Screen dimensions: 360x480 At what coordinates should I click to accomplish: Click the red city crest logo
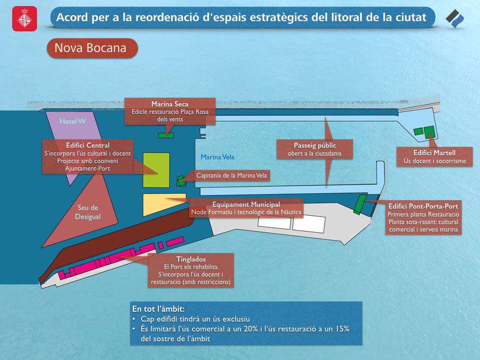tap(24, 19)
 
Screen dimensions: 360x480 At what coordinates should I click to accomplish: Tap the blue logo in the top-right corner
tap(455, 19)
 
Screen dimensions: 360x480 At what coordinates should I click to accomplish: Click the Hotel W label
tap(73, 121)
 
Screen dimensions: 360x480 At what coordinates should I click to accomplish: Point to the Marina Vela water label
tap(217, 157)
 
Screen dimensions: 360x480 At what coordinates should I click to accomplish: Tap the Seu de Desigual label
tap(88, 212)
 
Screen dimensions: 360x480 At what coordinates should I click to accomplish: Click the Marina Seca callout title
tap(170, 104)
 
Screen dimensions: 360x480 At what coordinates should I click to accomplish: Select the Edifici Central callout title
tap(88, 145)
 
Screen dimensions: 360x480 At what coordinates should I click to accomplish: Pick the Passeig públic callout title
tap(315, 145)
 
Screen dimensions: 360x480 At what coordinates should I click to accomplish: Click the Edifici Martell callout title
tap(434, 153)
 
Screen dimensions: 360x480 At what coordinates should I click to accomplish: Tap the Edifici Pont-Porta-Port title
tap(423, 206)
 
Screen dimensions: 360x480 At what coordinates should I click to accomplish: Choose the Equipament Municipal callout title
tap(246, 204)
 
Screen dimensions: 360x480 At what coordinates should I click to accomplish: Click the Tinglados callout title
tap(191, 259)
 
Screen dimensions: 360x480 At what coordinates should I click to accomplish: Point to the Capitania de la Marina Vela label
tap(233, 176)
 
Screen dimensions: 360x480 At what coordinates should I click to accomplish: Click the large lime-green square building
tap(156, 170)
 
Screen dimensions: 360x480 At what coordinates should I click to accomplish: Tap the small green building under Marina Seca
tap(165, 135)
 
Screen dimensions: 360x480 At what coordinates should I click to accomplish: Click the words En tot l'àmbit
tap(158, 309)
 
